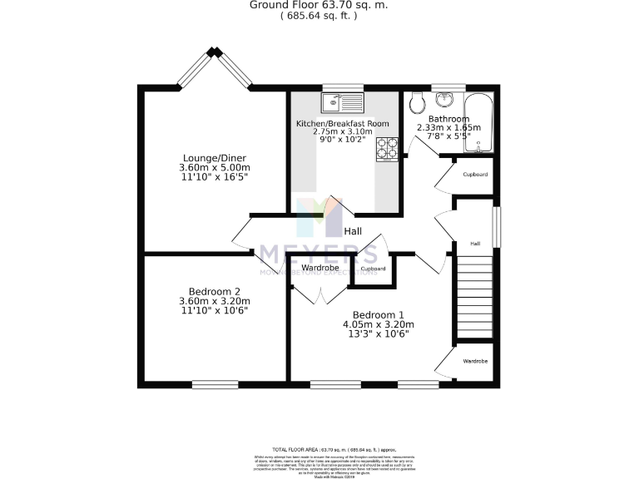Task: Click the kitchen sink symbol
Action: (344, 103)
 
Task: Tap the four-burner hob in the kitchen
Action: (389, 148)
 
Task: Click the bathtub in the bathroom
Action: (478, 122)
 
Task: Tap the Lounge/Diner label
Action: (214, 158)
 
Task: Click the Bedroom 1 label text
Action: (378, 314)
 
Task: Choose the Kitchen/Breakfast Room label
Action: (343, 123)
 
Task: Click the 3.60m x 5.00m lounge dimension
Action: (214, 167)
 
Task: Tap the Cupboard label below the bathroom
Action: (475, 175)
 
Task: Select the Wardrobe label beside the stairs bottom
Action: (475, 362)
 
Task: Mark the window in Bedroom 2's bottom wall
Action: (214, 383)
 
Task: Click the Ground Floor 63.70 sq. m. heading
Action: (319, 5)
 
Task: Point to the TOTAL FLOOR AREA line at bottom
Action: (319, 448)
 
